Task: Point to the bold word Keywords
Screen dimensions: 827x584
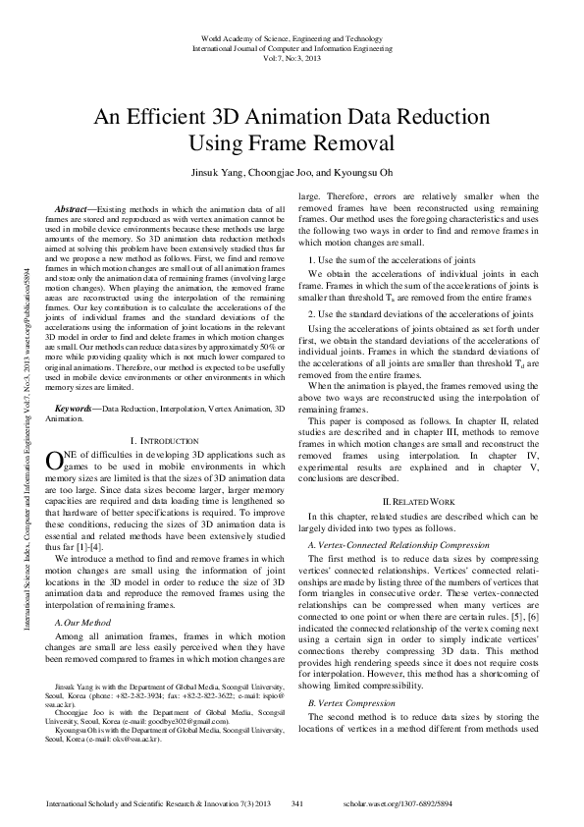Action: point(76,408)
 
